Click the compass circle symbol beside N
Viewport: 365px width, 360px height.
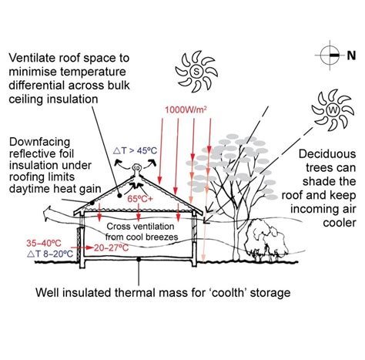330,55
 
